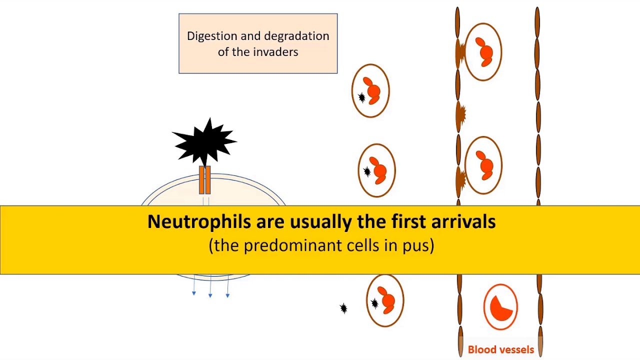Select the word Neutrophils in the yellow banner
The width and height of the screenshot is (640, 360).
199,221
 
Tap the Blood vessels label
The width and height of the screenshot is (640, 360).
500,350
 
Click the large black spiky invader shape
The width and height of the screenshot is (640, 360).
205,142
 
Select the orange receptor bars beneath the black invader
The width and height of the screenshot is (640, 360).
205,180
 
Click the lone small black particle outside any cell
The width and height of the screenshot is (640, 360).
343,308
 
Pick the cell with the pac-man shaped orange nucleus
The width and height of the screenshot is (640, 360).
500,307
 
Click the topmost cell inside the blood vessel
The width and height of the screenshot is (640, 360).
483,51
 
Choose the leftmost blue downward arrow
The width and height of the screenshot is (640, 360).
194,293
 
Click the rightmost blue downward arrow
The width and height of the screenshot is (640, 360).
227,295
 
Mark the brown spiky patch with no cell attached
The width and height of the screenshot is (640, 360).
461,115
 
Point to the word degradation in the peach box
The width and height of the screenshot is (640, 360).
296,36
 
